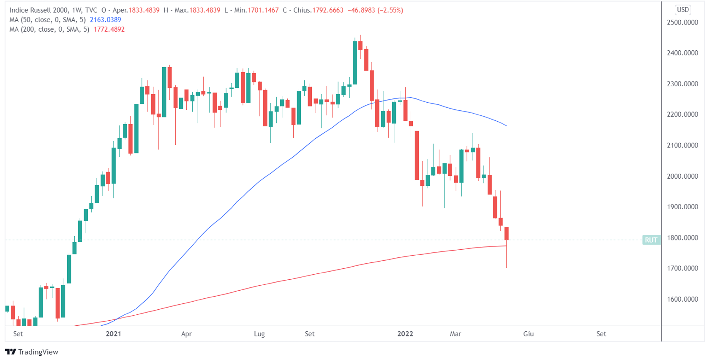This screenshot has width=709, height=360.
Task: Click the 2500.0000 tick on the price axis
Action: coord(682,22)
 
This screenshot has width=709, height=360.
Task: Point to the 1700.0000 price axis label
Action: coord(682,268)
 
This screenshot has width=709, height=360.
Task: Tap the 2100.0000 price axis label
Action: coord(682,145)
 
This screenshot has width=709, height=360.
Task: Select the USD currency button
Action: coord(683,10)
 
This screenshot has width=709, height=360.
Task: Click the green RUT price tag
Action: coord(651,240)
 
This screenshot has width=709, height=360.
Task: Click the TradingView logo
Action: coord(32,352)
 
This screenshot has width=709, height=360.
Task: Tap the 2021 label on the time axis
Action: coord(113,334)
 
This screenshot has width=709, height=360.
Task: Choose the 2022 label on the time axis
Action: coord(405,334)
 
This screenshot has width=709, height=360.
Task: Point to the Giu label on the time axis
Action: coord(528,334)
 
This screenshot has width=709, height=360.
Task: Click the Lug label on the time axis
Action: coord(259,334)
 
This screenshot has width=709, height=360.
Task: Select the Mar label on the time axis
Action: coord(455,334)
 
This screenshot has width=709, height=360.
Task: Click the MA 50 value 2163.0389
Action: coord(105,20)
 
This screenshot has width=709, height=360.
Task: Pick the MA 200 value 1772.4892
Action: coord(109,30)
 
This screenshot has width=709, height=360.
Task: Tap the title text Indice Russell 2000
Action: coord(39,10)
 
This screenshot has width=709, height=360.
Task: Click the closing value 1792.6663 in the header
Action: coord(327,10)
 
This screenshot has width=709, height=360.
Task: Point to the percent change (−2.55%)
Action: coord(390,10)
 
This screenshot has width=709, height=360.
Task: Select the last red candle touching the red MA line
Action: coord(506,234)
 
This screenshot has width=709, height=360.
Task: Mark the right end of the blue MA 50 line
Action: coord(506,125)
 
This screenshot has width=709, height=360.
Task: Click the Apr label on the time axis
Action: coord(186,334)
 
